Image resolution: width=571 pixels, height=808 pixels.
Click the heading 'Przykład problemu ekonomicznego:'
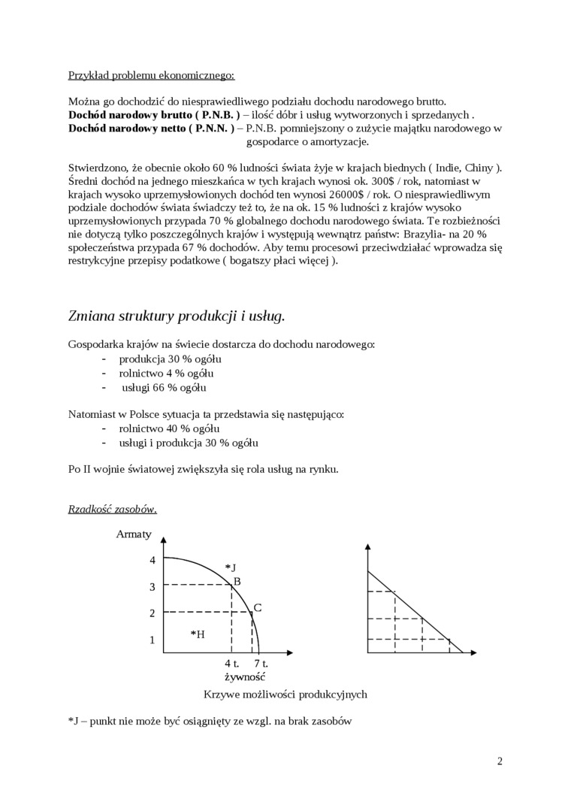point(151,75)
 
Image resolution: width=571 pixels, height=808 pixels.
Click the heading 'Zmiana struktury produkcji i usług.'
point(177,316)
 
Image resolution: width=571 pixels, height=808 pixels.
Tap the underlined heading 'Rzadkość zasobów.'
point(113,509)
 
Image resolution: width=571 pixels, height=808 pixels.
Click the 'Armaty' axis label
point(134,534)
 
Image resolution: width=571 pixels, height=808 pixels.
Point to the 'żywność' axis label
point(245,677)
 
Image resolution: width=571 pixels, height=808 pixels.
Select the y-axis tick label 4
point(152,561)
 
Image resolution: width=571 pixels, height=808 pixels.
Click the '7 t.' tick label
point(261,664)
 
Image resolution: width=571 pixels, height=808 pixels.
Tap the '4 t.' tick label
point(231,664)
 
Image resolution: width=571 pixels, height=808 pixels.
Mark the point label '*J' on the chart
point(231,567)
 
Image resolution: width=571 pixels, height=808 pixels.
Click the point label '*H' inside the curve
point(198,634)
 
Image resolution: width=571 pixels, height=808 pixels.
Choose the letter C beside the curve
point(257,607)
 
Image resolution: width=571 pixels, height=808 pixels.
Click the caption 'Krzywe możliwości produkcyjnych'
point(285,694)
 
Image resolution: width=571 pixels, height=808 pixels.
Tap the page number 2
point(500,761)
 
